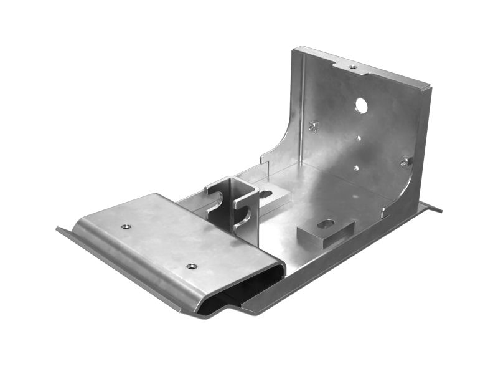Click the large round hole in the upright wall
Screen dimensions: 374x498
[361, 106]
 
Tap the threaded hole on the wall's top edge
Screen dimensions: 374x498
[353, 67]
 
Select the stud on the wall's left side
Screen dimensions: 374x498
[314, 126]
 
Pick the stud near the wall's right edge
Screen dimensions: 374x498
[405, 161]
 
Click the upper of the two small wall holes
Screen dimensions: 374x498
[357, 138]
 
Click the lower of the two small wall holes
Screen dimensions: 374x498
[356, 167]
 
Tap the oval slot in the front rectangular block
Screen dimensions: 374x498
[325, 223]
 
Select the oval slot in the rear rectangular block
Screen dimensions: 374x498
[266, 194]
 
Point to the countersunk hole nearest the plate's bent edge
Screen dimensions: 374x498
[126, 226]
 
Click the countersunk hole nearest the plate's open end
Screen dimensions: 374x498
[192, 266]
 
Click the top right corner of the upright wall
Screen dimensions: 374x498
[430, 87]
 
